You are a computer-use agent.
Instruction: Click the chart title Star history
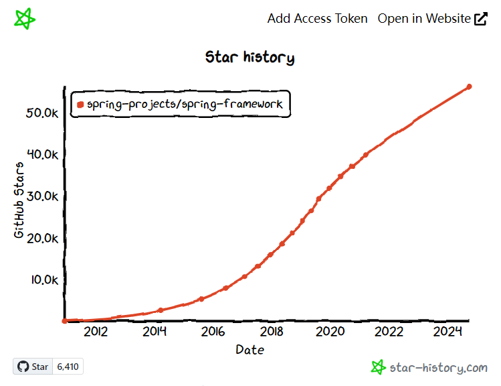(x=249, y=57)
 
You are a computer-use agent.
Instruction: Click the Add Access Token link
(x=317, y=18)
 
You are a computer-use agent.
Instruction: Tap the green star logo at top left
(x=25, y=18)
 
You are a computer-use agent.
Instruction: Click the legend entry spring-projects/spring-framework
(x=185, y=104)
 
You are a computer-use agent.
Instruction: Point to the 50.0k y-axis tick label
(x=42, y=113)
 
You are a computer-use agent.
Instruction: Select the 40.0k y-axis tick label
(x=42, y=154)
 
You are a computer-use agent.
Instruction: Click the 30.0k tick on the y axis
(x=42, y=196)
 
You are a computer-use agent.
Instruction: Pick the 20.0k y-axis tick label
(x=42, y=238)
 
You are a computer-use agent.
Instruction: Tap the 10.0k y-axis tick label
(x=42, y=279)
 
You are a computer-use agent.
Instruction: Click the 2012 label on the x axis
(x=96, y=331)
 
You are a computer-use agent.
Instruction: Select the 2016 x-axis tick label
(x=213, y=331)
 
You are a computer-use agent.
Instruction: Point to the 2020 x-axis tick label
(x=330, y=331)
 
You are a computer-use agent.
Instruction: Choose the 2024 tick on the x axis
(x=447, y=331)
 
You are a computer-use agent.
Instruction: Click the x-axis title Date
(x=249, y=349)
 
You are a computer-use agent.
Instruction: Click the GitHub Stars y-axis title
(x=19, y=200)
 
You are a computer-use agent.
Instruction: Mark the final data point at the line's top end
(x=469, y=86)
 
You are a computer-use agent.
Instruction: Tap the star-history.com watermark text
(x=439, y=367)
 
